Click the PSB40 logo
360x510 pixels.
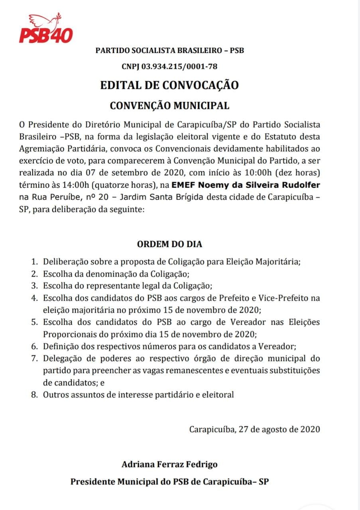coord(46,34)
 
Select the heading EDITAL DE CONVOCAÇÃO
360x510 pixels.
coord(169,85)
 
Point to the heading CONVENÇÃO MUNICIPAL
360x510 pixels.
coord(169,106)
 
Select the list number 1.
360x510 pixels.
coord(35,262)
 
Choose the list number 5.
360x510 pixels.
coord(35,322)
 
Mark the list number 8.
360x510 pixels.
coord(35,395)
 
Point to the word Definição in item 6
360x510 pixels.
coord(62,347)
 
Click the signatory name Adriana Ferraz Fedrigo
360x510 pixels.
coord(170,465)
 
